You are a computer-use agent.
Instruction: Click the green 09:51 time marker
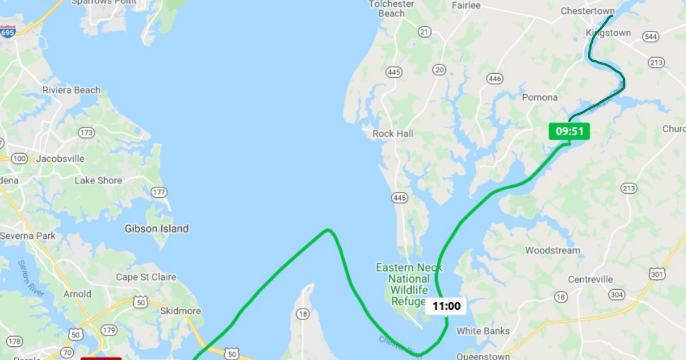(569, 131)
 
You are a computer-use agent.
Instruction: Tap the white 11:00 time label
(446, 306)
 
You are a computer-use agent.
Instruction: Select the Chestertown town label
(587, 11)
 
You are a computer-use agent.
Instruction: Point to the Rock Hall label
(393, 133)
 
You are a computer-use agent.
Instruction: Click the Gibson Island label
(157, 229)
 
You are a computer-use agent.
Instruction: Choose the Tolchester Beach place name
(392, 9)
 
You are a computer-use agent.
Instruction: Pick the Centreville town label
(591, 279)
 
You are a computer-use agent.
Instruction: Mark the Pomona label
(540, 97)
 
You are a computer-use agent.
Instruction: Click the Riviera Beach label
(71, 90)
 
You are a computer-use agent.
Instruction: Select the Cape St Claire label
(146, 277)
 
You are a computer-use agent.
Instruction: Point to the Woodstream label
(552, 250)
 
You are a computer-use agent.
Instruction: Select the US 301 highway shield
(657, 275)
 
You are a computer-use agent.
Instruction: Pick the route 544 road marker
(651, 37)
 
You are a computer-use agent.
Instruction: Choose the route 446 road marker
(494, 78)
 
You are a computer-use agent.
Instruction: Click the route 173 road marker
(86, 133)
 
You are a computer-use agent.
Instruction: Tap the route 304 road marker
(616, 294)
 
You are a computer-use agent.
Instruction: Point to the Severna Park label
(27, 235)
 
